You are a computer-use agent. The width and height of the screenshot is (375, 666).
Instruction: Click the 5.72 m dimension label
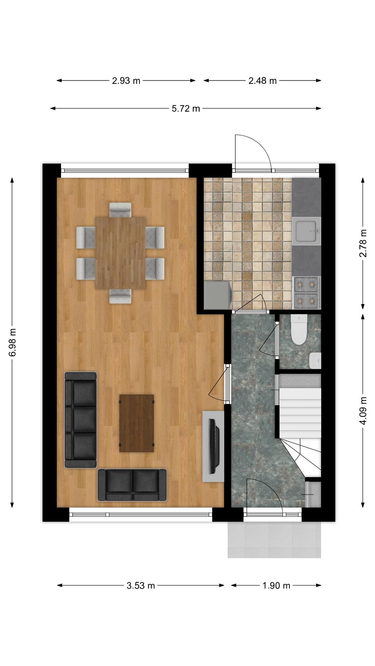point(186,109)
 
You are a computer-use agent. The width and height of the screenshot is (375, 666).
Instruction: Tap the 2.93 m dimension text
point(126,81)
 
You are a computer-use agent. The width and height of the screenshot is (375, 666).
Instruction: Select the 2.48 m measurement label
point(262,81)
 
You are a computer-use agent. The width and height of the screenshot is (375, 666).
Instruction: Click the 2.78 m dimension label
point(363,243)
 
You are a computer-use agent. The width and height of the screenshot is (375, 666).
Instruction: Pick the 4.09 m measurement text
point(363,410)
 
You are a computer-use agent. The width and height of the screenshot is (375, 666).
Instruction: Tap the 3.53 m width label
point(141,586)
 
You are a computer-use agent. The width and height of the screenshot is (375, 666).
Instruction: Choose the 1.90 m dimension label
point(276,586)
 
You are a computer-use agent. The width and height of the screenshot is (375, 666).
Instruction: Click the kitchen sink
point(306,231)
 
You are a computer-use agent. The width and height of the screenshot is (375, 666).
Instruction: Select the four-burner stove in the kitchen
point(307,293)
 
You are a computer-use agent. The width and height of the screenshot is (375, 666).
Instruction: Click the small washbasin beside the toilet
point(315,360)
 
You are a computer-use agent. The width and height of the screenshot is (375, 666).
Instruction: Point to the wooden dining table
point(120,253)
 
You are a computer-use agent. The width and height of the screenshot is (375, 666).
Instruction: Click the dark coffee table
point(137,423)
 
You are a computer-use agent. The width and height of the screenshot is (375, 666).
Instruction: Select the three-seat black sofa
point(81,420)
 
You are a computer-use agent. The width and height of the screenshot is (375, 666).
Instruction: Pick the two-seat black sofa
point(132,485)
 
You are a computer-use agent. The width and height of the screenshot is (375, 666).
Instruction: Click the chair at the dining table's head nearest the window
point(120,210)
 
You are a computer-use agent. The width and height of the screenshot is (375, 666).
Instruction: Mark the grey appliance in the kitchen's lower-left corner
point(218,295)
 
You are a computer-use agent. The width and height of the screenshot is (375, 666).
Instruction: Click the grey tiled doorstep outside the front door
point(274,539)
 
